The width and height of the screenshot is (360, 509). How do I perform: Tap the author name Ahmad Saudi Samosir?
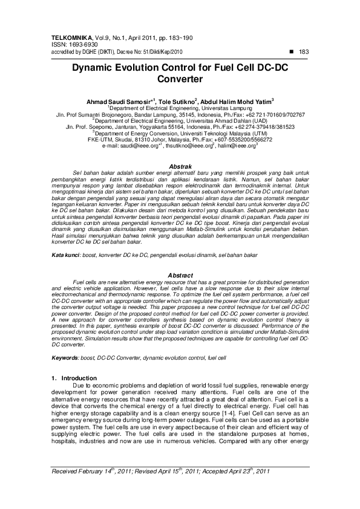pyautogui.click(x=119, y=101)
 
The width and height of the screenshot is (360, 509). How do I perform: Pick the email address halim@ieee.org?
pyautogui.click(x=238, y=146)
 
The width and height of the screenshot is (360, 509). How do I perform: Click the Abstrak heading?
pyautogui.click(x=180, y=166)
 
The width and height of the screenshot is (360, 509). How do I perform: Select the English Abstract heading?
pyautogui.click(x=180, y=275)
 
